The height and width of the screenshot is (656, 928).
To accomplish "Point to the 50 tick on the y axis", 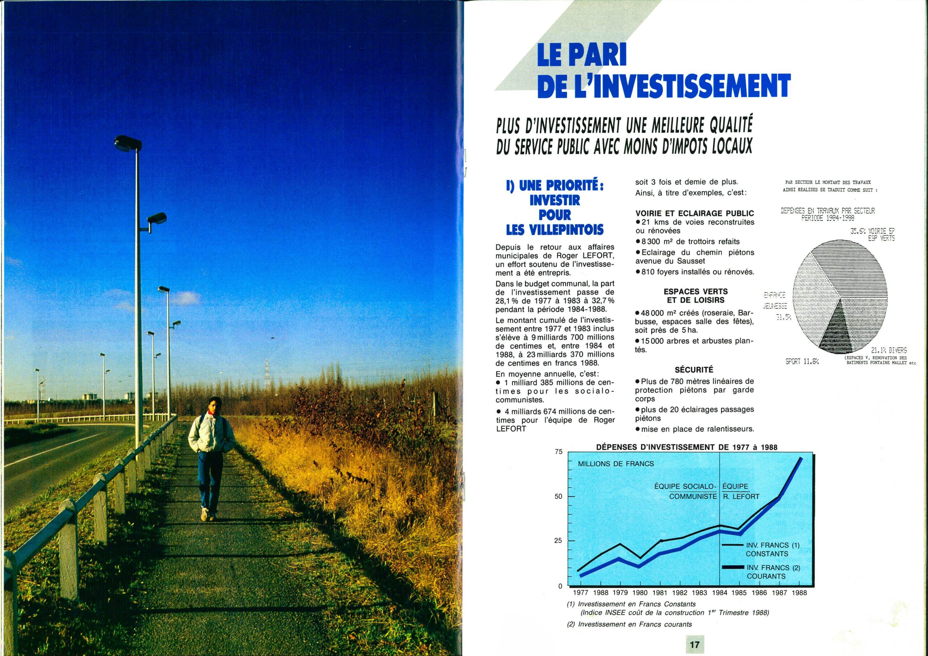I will (558, 497).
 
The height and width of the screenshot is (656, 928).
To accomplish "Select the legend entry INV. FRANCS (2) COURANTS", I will (773, 572).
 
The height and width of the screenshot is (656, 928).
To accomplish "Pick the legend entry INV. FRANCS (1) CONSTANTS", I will (772, 550).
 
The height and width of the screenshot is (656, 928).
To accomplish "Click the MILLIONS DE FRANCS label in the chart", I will (616, 464).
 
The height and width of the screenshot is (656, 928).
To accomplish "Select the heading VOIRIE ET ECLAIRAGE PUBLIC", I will (695, 213).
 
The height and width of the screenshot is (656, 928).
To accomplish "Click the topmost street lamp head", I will (127, 143).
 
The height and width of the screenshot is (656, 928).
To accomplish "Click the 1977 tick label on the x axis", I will (581, 593).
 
